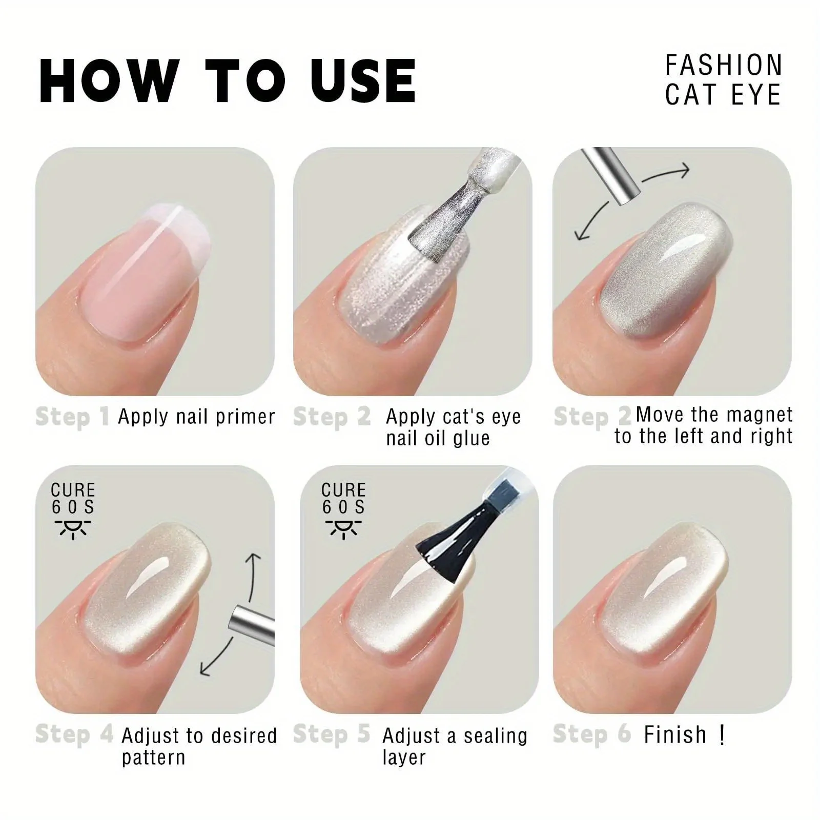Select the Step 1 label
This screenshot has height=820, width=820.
point(72,417)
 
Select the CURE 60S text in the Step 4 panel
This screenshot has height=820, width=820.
point(73,499)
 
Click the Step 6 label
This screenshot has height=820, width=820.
point(592,734)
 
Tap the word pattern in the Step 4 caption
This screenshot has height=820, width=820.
point(153,757)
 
